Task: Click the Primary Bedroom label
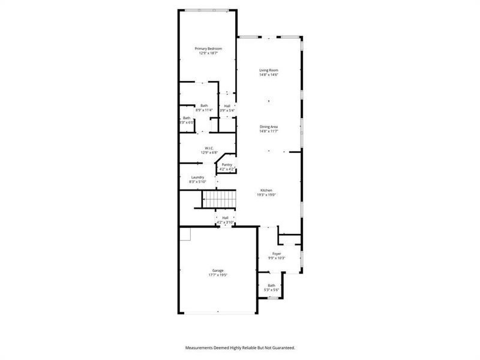[x=208, y=49]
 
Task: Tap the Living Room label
[x=268, y=70]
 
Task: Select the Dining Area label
[x=268, y=127]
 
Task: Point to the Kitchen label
[x=266, y=190]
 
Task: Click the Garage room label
[x=217, y=271]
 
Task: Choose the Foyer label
[x=277, y=254]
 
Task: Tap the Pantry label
[x=227, y=164]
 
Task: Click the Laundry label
[x=197, y=177]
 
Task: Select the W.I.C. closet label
[x=209, y=148]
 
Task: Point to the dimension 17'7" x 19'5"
[x=217, y=275]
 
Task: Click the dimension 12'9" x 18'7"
[x=208, y=53]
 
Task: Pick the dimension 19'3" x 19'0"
[x=266, y=194]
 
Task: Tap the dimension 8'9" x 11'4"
[x=204, y=110]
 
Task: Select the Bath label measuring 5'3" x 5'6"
[x=271, y=286]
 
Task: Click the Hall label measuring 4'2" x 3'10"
[x=225, y=218]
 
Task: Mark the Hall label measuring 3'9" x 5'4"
[x=227, y=106]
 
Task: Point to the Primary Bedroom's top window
[x=206, y=10]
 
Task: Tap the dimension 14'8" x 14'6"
[x=268, y=74]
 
